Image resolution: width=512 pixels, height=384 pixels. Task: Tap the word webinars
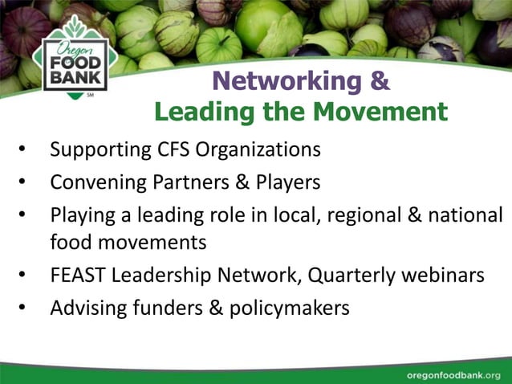445,276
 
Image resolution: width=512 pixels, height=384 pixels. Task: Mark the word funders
161,308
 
